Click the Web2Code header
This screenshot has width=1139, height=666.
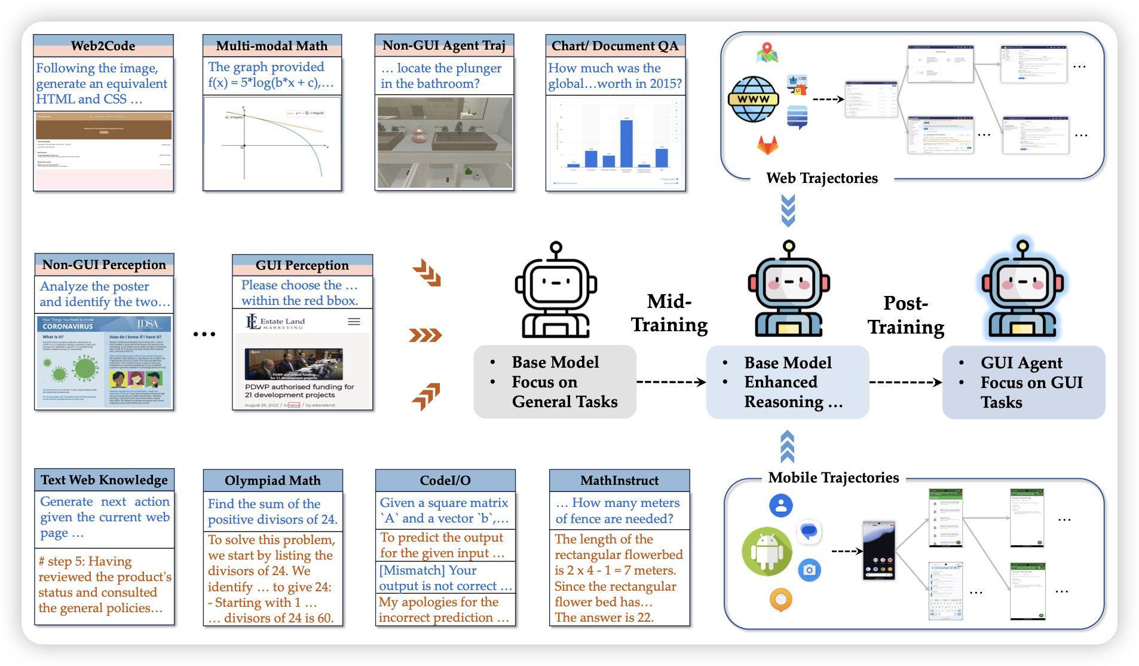click(x=103, y=46)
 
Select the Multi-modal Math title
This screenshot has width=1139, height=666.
click(x=272, y=46)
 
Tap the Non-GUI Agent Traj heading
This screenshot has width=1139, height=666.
click(x=444, y=45)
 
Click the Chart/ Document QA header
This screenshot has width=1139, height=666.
click(x=615, y=46)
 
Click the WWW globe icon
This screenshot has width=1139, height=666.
click(x=753, y=99)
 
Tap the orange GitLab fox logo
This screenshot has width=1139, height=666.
click(x=768, y=145)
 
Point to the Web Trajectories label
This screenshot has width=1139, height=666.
click(x=822, y=178)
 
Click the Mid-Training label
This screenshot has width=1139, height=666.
click(x=669, y=313)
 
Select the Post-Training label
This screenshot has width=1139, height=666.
click(x=906, y=315)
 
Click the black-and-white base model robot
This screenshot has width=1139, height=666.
click(x=556, y=291)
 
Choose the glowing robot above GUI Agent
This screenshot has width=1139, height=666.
click(x=1022, y=289)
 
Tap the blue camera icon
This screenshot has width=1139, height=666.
click(x=809, y=570)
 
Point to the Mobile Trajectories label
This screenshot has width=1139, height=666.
click(x=834, y=478)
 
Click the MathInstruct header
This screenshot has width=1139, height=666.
click(x=619, y=481)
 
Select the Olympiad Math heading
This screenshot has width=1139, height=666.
click(x=272, y=481)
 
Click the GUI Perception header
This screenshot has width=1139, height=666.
click(x=302, y=265)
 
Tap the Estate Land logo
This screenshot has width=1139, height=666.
click(x=275, y=323)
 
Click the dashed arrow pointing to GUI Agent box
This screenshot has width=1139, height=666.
click(x=905, y=382)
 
